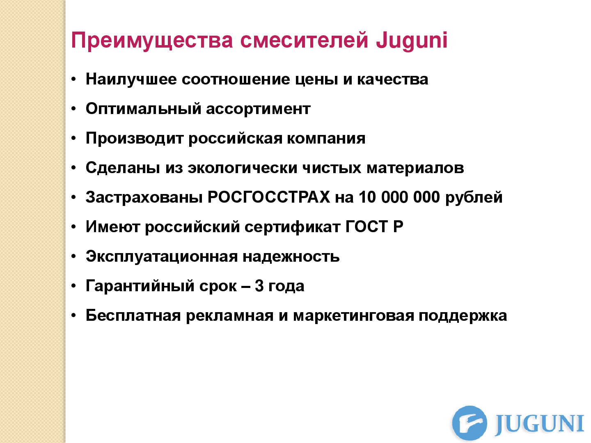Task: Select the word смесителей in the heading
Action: point(304,40)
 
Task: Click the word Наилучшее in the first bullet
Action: point(131,79)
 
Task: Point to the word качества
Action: point(393,80)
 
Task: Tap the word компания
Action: point(326,139)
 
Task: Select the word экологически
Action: point(243,168)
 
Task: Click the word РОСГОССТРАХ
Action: point(269,197)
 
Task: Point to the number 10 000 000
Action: point(400,197)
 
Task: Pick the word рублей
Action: point(474,197)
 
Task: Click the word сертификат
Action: point(292,227)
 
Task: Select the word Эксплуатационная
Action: point(162,257)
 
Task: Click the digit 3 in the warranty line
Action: point(259,286)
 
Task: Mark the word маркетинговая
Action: point(353,315)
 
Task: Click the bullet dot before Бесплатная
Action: point(74,316)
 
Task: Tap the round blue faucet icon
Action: point(470,423)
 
